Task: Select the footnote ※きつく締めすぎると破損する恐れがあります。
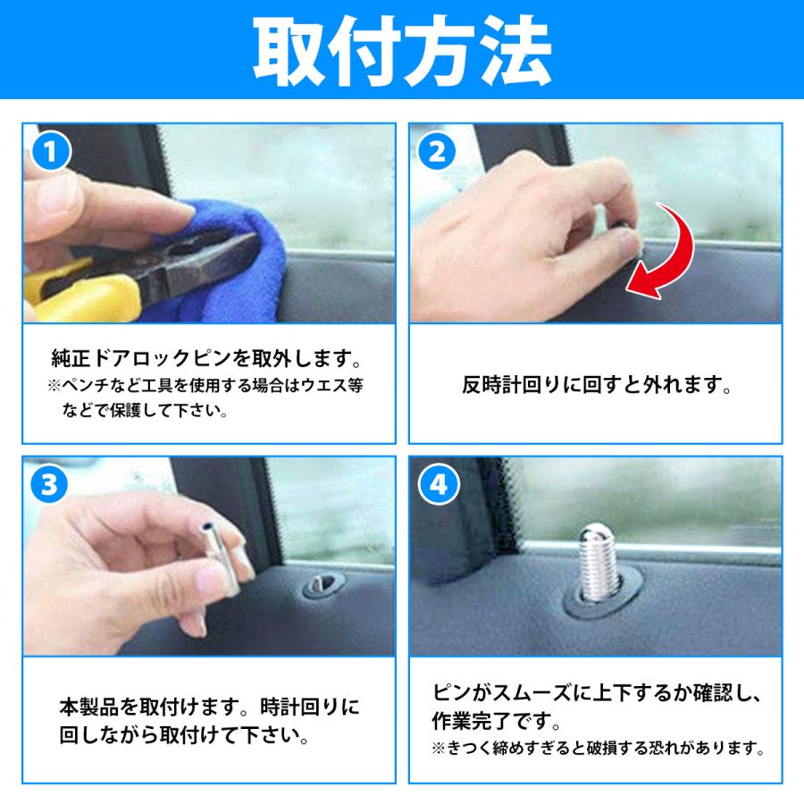(x=597, y=748)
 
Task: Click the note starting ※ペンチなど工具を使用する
(x=206, y=387)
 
